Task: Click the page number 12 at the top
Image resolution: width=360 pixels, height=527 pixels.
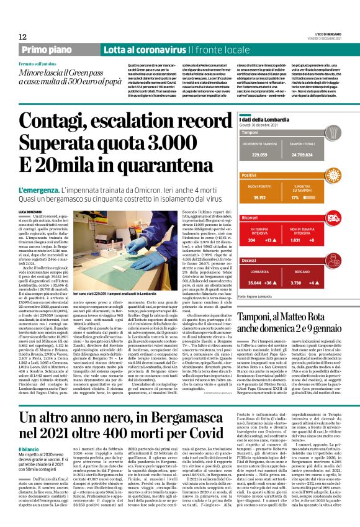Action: pos(23,37)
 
